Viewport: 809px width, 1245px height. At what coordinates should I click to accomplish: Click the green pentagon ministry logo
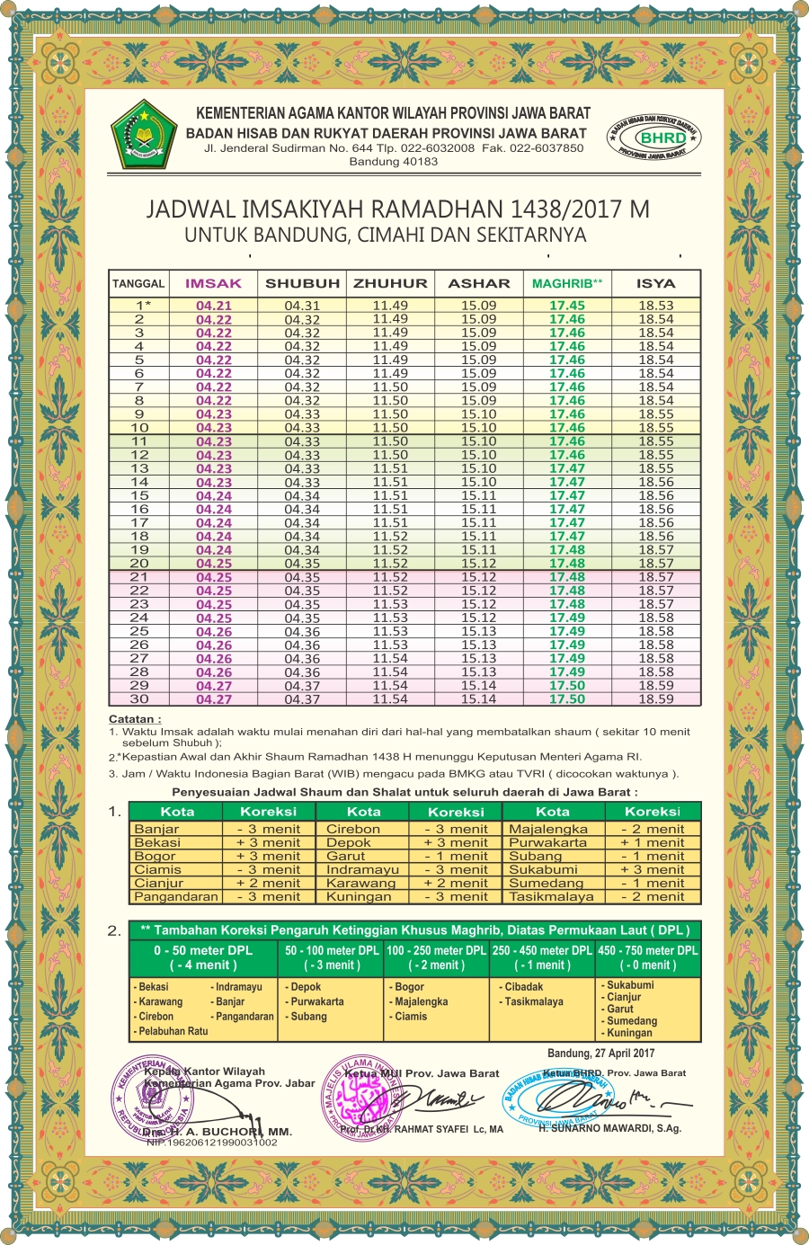(x=139, y=134)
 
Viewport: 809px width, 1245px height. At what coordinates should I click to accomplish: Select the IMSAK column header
(x=213, y=283)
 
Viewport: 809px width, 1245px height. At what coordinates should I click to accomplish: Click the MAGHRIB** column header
(x=567, y=283)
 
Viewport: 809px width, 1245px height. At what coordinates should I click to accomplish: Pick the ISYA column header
(x=655, y=283)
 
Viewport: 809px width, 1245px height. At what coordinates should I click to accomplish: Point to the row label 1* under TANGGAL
(x=142, y=306)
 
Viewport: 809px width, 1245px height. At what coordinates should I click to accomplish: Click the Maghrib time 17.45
(x=567, y=306)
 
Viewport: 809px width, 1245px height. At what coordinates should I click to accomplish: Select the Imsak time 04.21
(x=214, y=306)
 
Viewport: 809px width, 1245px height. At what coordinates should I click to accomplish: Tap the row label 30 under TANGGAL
(x=139, y=698)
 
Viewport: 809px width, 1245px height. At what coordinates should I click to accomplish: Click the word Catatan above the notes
(x=135, y=719)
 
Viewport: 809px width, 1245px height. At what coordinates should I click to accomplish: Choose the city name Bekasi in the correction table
(x=157, y=842)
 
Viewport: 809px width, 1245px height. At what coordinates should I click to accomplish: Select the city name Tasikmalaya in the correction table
(x=551, y=896)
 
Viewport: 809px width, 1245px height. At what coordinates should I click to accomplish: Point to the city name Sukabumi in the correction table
(x=543, y=869)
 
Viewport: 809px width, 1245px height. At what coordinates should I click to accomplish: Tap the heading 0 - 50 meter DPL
(x=203, y=950)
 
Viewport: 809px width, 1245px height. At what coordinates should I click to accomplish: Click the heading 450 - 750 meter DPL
(x=648, y=950)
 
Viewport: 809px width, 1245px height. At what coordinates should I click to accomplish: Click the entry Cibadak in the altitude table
(x=524, y=986)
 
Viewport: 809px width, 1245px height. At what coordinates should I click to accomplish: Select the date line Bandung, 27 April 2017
(x=601, y=1053)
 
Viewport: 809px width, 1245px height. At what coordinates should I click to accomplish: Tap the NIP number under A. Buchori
(x=212, y=1143)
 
